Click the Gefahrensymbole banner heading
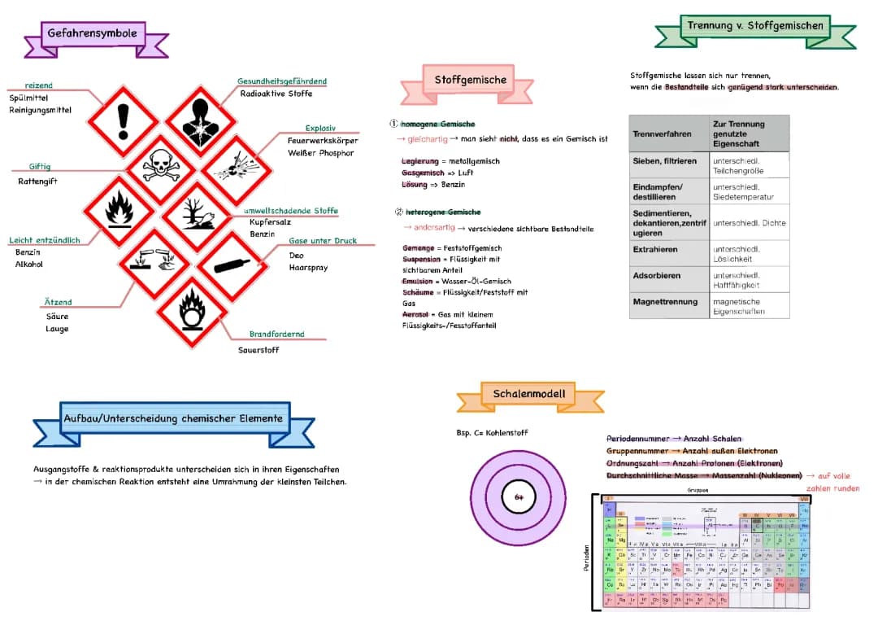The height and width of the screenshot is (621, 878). (92, 33)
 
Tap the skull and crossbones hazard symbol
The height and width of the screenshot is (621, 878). (161, 167)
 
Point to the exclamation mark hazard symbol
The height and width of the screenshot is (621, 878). (123, 120)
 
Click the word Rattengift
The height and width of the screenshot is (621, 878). (37, 181)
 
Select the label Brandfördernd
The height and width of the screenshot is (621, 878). (276, 334)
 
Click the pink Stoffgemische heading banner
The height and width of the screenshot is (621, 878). (470, 80)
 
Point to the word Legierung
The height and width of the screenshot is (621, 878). (419, 161)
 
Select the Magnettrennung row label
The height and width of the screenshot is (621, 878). (665, 302)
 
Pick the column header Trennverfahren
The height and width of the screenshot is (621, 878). (662, 133)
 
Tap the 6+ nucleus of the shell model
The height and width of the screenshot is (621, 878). (518, 496)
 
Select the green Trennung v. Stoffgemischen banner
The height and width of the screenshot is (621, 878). (754, 26)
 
